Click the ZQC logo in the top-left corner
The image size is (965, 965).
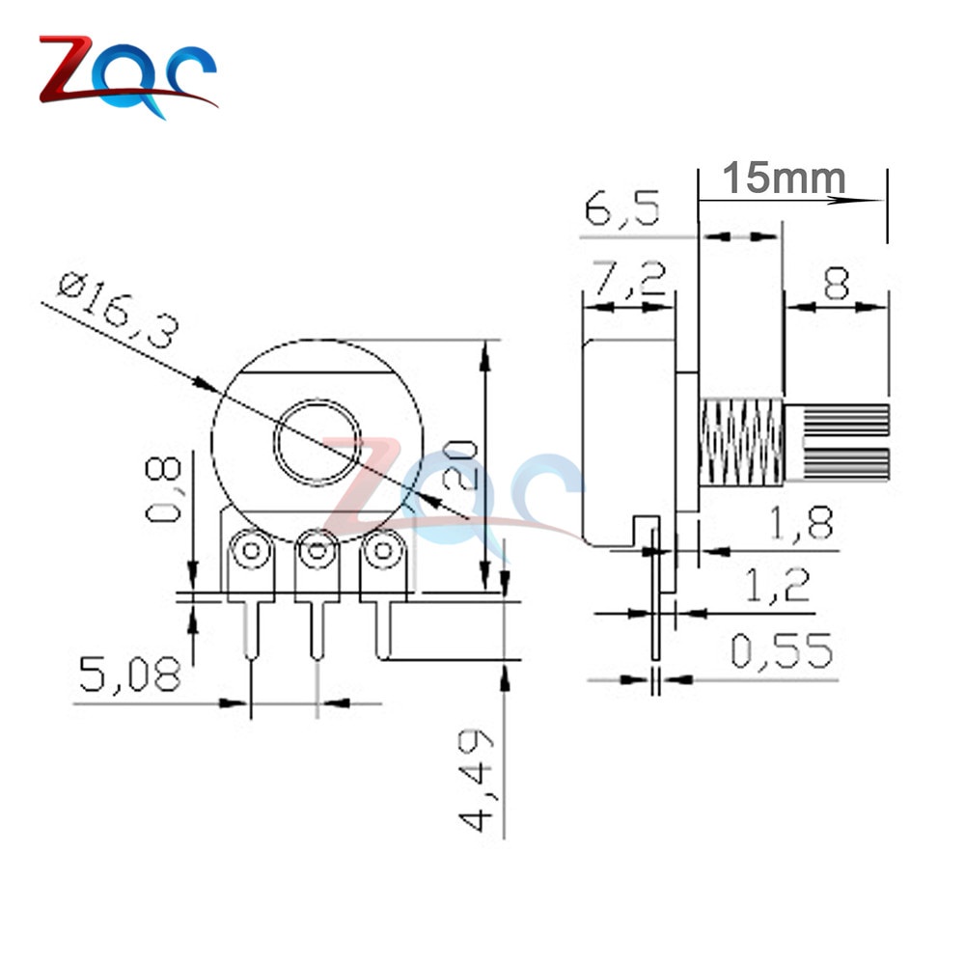125,75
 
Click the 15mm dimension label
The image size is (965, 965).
784,179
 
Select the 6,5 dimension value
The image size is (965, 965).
622,209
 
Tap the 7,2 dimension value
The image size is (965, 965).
628,281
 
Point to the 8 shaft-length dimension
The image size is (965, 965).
835,284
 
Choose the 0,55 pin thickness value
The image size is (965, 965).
781,652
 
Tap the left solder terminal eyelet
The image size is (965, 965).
251,552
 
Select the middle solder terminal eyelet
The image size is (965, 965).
317,552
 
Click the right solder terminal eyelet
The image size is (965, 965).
383,552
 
